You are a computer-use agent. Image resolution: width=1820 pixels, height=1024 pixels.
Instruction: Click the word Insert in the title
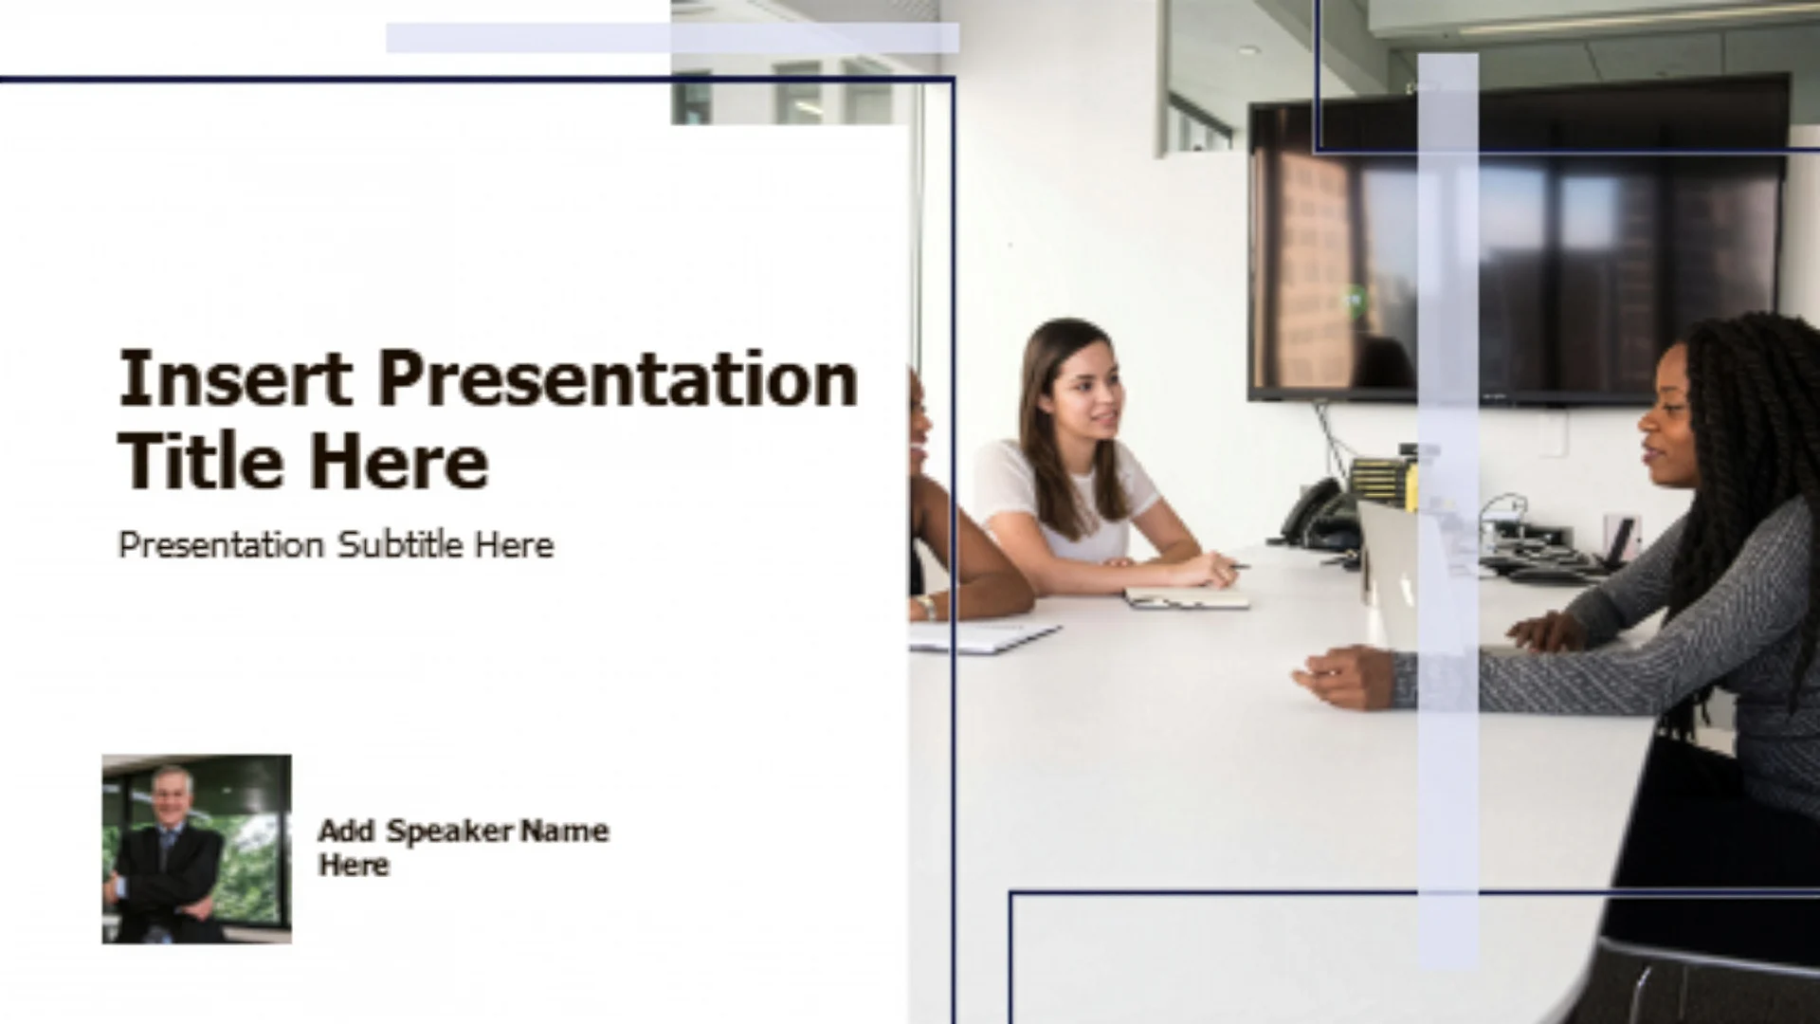point(236,378)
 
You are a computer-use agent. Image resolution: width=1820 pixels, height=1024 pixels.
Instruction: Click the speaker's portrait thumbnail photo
point(197,849)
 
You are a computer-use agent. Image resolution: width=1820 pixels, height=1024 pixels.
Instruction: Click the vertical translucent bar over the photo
point(1447,511)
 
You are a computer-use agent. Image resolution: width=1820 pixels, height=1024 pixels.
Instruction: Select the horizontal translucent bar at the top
point(672,38)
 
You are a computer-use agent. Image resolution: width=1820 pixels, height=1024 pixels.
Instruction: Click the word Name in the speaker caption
point(565,831)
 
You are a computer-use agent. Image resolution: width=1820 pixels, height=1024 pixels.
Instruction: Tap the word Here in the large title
point(399,462)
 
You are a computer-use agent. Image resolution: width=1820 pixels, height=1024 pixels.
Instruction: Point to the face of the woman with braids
point(1668,417)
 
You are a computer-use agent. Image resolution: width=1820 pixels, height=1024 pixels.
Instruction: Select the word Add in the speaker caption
point(347,831)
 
